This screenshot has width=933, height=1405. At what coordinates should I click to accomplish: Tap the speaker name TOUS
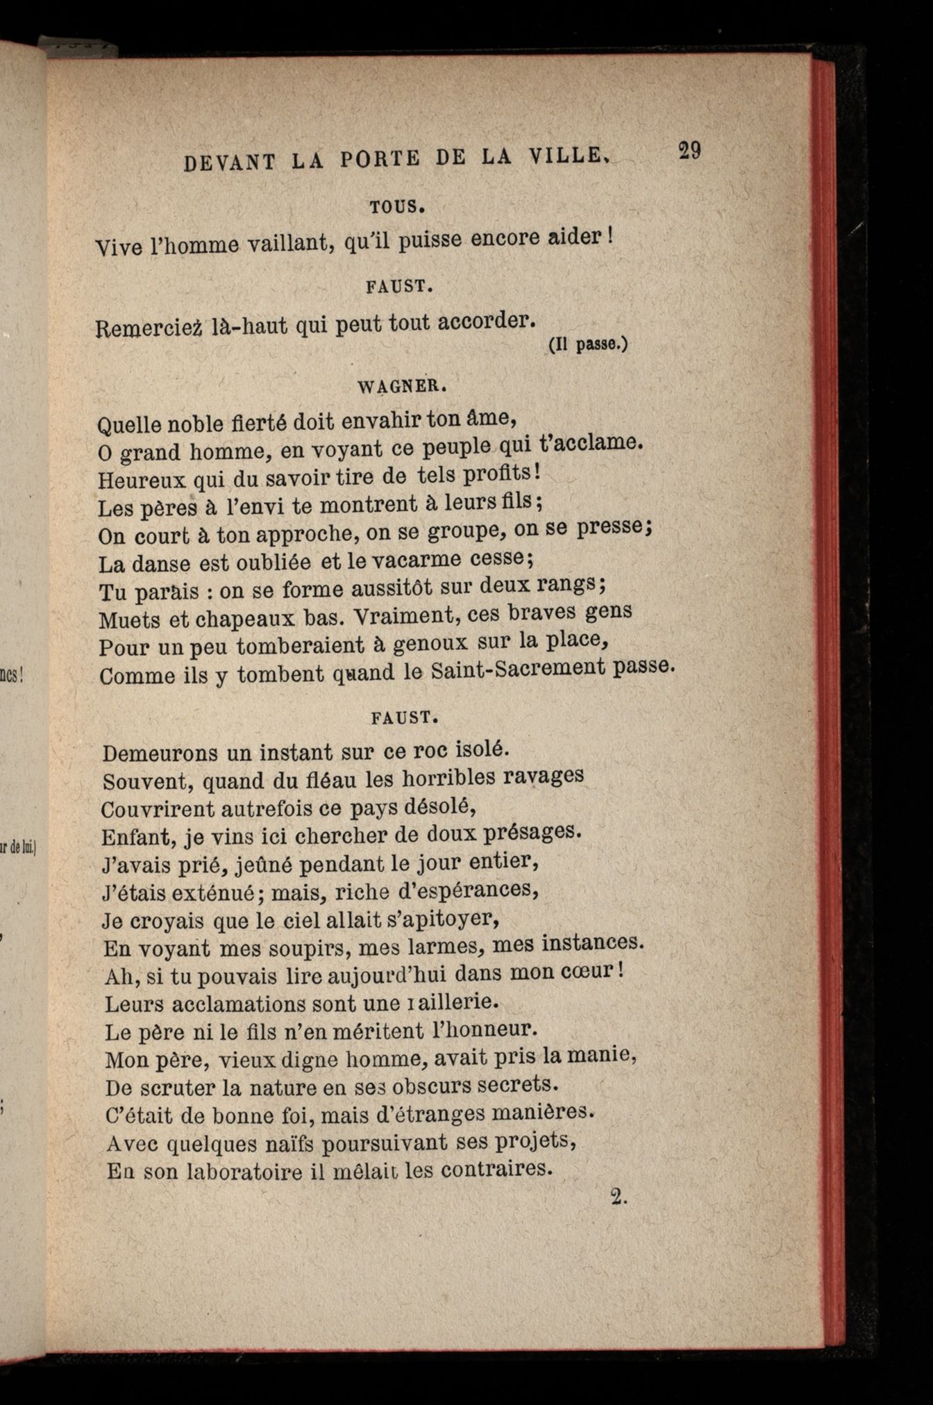point(397,207)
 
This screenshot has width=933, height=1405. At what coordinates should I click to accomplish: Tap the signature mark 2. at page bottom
point(619,1197)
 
